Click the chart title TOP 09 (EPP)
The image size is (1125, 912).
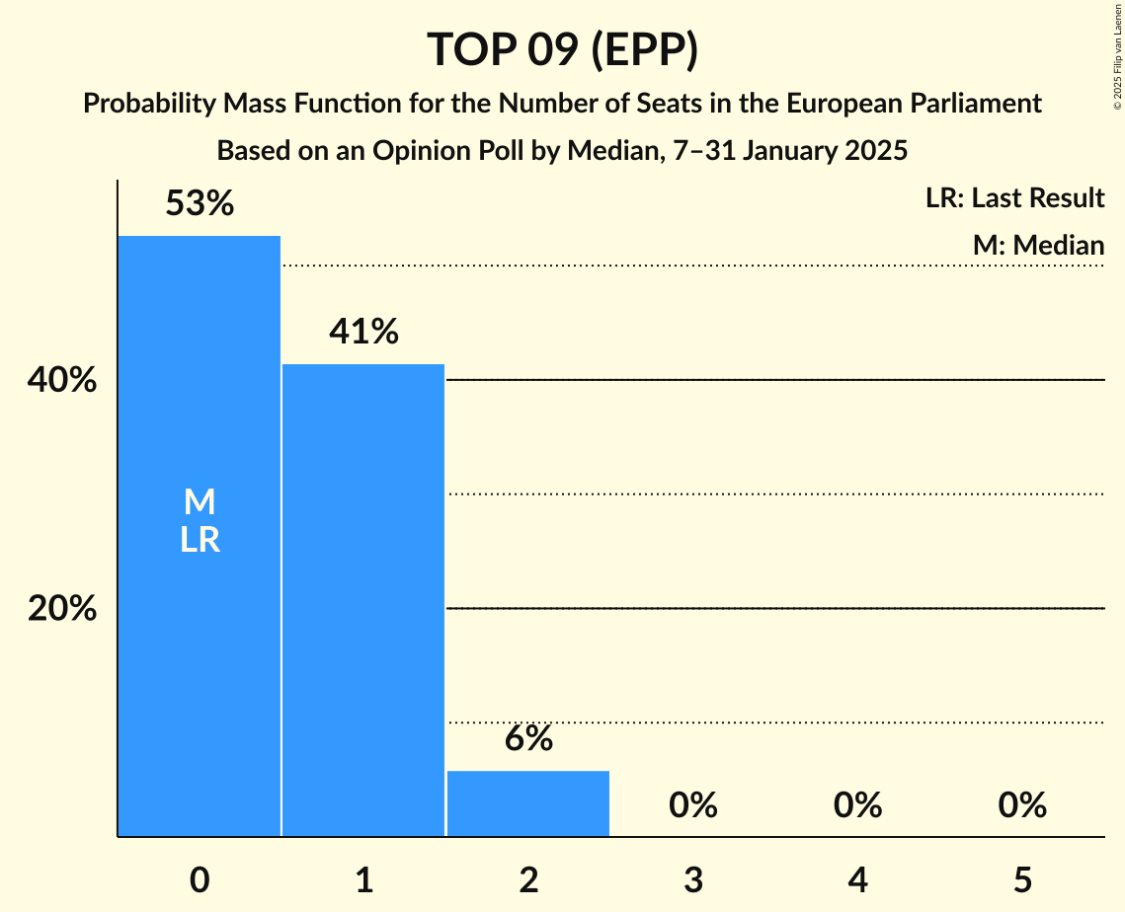tap(562, 50)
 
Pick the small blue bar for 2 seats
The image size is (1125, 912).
tap(528, 803)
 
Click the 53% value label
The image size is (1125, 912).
tap(200, 204)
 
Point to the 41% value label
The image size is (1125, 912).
tap(363, 333)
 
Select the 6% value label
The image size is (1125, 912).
tap(528, 739)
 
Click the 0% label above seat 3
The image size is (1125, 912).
tap(692, 805)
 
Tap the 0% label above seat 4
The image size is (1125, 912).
tap(857, 805)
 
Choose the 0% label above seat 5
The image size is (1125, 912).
tap(1021, 805)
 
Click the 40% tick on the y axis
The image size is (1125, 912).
tap(62, 380)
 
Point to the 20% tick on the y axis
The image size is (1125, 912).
tap(62, 609)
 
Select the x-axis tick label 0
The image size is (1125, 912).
tap(200, 879)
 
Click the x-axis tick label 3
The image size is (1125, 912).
tap(692, 879)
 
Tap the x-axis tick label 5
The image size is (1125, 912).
tap(1021, 879)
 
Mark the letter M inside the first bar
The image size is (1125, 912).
tap(200, 502)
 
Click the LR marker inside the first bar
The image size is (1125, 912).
tap(200, 540)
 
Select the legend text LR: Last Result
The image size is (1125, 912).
tap(1014, 198)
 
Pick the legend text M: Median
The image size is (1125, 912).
tap(1038, 245)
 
